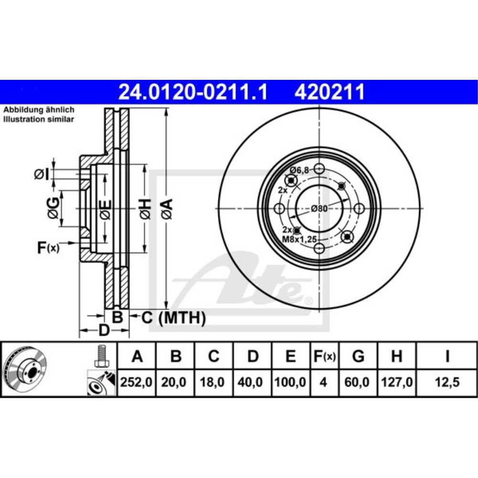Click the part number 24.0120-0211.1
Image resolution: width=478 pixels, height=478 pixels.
(x=192, y=91)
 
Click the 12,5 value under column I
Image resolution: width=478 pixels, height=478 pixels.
(x=446, y=382)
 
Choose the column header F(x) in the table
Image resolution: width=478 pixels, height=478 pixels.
(x=324, y=356)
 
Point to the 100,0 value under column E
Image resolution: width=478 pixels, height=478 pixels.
(x=291, y=382)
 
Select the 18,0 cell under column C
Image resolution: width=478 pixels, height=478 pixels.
(x=214, y=382)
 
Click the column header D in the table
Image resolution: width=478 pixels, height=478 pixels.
(x=253, y=356)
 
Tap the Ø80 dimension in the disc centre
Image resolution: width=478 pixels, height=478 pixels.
(x=319, y=208)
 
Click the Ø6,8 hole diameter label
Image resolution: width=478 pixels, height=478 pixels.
(x=301, y=170)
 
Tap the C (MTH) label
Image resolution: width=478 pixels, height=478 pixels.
(x=174, y=317)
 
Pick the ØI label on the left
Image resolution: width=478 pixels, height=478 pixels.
(x=42, y=175)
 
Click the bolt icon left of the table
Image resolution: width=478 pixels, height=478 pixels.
(x=100, y=356)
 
